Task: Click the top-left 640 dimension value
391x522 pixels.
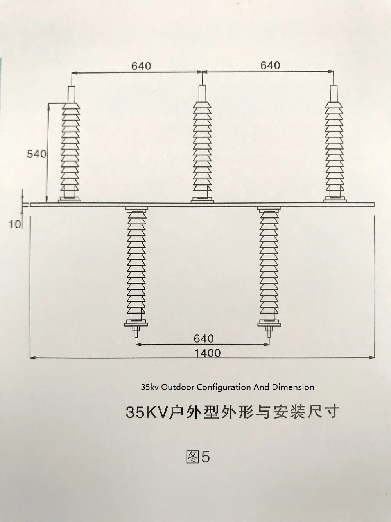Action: (141, 66)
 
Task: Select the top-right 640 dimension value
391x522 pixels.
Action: (270, 65)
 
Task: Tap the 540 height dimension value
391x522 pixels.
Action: (36, 154)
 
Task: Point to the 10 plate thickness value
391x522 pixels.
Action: (14, 224)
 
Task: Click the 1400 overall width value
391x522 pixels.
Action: (207, 353)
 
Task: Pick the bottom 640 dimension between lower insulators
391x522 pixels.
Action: (204, 338)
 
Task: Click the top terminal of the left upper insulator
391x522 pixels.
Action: (72, 94)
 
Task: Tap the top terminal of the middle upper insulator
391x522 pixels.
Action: (202, 93)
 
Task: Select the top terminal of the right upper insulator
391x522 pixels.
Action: (334, 93)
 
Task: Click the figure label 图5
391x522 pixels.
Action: (197, 457)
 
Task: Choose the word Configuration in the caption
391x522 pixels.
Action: (223, 387)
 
